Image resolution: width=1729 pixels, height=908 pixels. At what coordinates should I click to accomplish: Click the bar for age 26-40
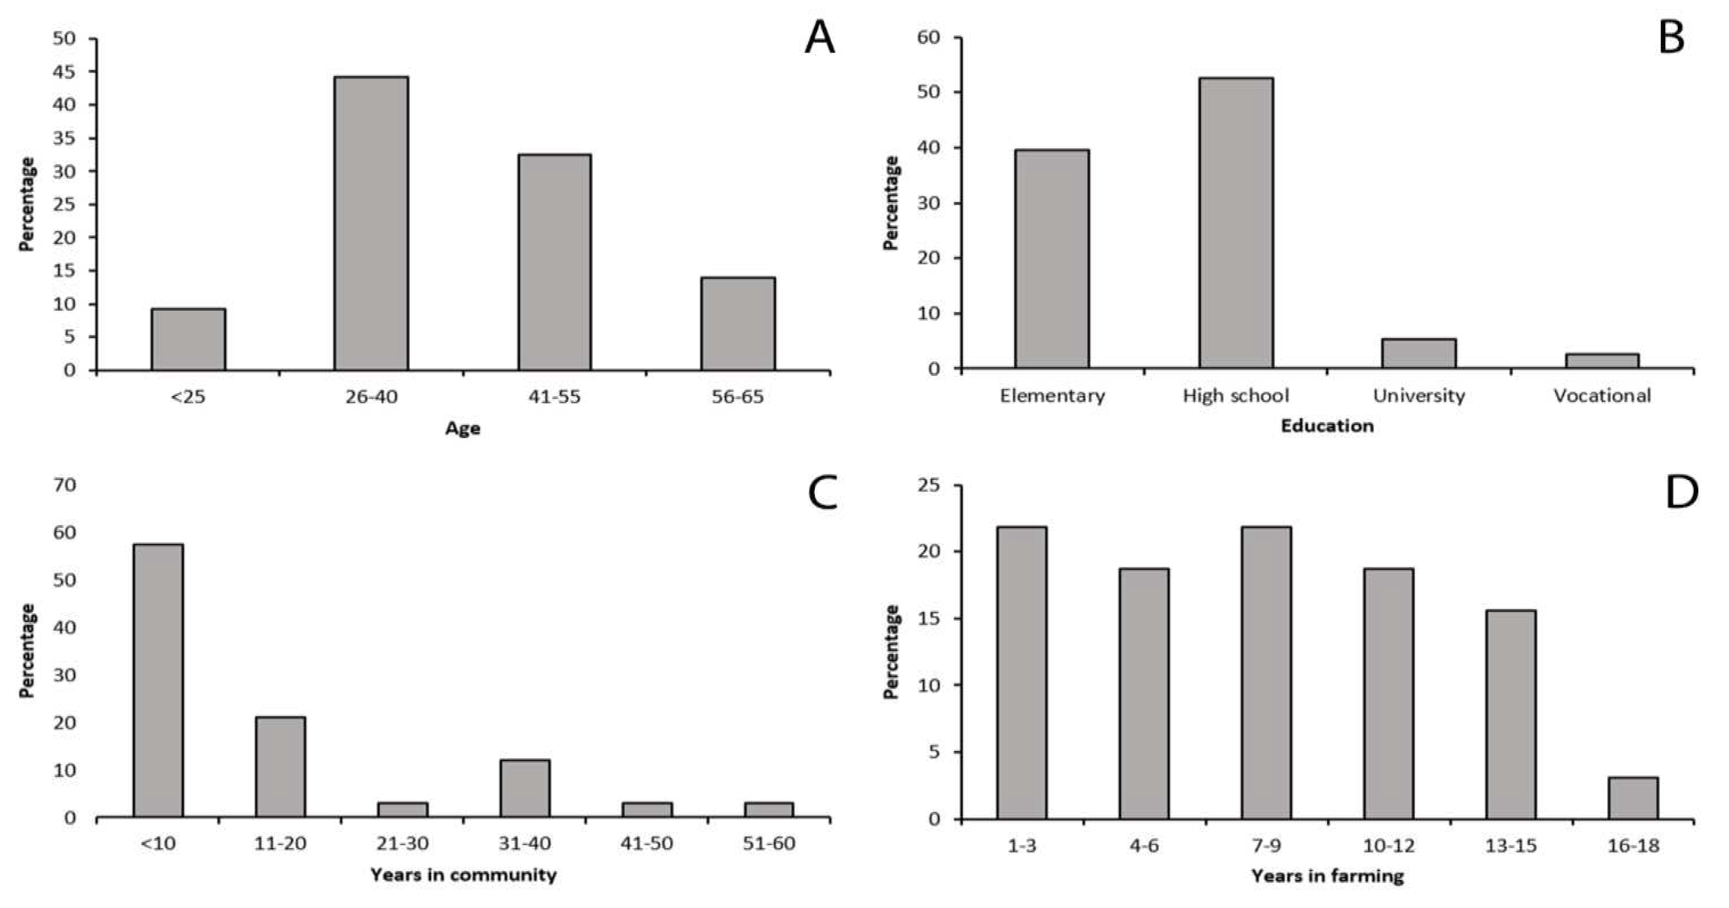click(371, 223)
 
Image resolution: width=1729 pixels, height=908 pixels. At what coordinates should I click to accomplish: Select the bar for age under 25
click(188, 340)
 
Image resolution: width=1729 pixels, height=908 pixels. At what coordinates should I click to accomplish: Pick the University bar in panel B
click(1418, 354)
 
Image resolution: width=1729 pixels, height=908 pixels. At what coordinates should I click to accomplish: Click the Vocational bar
click(1602, 361)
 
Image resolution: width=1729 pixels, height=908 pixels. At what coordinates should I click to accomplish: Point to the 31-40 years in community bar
click(524, 788)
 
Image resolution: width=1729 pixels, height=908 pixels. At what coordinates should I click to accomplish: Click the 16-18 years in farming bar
click(1633, 798)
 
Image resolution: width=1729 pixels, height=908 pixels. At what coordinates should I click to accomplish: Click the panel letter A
click(820, 38)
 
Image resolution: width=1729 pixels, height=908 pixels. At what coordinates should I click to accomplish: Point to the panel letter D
click(1681, 493)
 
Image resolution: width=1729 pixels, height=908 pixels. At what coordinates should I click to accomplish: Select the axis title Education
click(1327, 426)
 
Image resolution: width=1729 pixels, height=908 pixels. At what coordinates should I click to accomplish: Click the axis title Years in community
click(463, 875)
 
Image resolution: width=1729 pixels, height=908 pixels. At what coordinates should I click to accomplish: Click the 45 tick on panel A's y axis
click(65, 72)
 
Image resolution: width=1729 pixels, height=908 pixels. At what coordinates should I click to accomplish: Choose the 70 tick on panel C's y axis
click(65, 484)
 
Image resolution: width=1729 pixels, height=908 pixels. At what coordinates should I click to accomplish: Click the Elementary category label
click(1052, 396)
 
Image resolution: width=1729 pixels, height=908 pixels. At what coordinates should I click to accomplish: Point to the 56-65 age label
click(737, 397)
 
